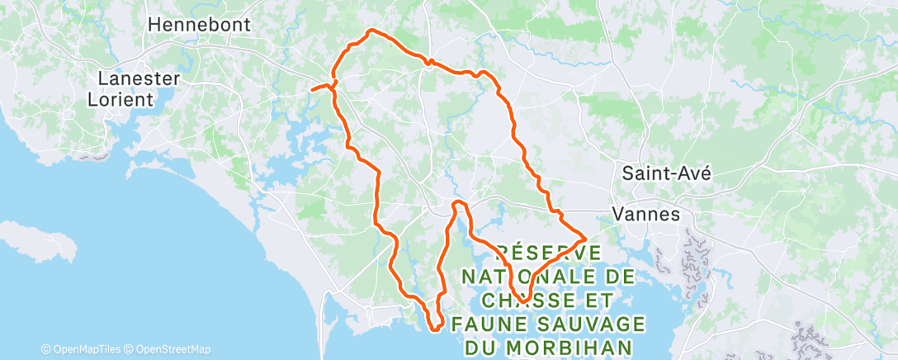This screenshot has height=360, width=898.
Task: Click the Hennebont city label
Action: [x=199, y=25]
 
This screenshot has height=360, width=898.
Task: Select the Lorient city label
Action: [x=121, y=99]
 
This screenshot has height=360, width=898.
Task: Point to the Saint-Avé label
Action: [x=666, y=173]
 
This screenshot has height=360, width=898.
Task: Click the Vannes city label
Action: [x=646, y=214]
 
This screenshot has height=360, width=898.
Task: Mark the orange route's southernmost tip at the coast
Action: [x=435, y=331]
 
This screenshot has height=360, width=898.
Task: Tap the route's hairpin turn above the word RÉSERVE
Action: [x=459, y=203]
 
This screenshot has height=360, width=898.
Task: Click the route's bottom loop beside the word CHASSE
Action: [x=522, y=300]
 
